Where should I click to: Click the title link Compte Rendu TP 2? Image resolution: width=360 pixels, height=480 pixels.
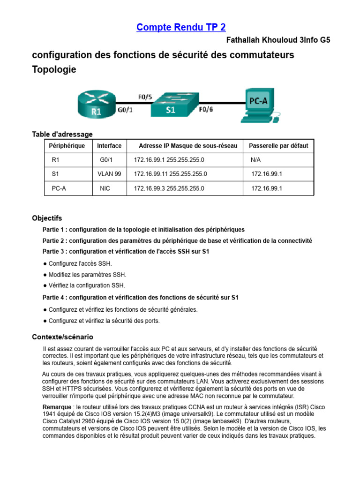point(181,27)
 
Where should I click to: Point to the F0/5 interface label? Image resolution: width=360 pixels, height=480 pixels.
point(144,97)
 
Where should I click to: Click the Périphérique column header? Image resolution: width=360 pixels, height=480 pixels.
point(67,146)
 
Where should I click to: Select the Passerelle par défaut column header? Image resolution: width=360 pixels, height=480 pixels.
point(278,146)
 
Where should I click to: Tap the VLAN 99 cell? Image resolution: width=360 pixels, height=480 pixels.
point(109,174)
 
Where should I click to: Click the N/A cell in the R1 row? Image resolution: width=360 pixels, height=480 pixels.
point(255,160)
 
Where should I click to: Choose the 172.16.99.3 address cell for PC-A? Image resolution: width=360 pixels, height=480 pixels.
point(169,188)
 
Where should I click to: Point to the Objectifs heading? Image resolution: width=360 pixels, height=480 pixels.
point(47,218)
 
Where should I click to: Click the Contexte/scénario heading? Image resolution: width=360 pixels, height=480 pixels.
point(62,337)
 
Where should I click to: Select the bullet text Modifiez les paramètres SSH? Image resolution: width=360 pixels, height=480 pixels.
point(87,275)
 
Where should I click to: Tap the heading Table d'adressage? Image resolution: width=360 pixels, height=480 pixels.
point(62,135)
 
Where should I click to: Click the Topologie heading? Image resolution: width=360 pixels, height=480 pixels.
point(54,69)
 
